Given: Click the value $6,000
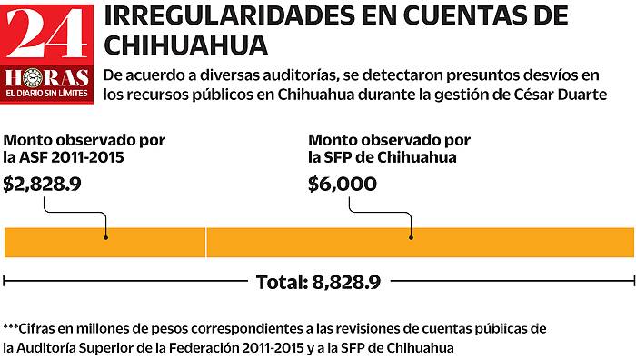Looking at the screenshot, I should (x=343, y=184).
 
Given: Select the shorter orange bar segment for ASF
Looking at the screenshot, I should (x=104, y=241).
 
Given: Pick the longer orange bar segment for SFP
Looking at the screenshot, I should (x=419, y=241).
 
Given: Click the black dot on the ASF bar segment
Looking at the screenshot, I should (x=106, y=237).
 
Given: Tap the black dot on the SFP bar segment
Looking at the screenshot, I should (x=411, y=237).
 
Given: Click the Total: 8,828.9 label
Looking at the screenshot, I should (x=318, y=282).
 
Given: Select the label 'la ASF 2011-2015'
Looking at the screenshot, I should (x=63, y=157).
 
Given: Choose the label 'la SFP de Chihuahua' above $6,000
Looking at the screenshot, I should (x=381, y=157).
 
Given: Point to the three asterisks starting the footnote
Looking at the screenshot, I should (x=11, y=327).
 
